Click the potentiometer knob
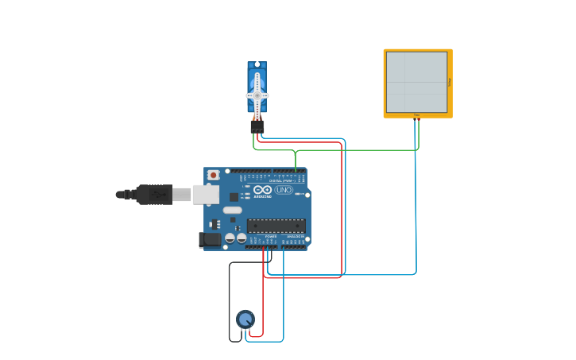pyautogui.click(x=245, y=319)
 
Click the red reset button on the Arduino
pyautogui.click(x=213, y=175)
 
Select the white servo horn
pyautogui.click(x=257, y=94)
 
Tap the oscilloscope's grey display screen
pyautogui.click(x=416, y=82)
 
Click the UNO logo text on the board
pyautogui.click(x=284, y=190)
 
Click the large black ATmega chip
pyautogui.click(x=276, y=225)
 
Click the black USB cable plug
pyautogui.click(x=154, y=194)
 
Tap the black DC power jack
pyautogui.click(x=210, y=239)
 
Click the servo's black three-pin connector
pyautogui.click(x=257, y=126)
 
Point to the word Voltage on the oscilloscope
pyautogui.click(x=450, y=82)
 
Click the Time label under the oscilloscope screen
pyautogui.click(x=416, y=115)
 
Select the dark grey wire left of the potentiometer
pyautogui.click(x=230, y=302)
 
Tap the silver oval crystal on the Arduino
pyautogui.click(x=232, y=211)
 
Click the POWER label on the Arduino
pyautogui.click(x=271, y=236)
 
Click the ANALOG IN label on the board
pyautogui.click(x=294, y=236)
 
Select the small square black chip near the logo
pyautogui.click(x=234, y=196)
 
